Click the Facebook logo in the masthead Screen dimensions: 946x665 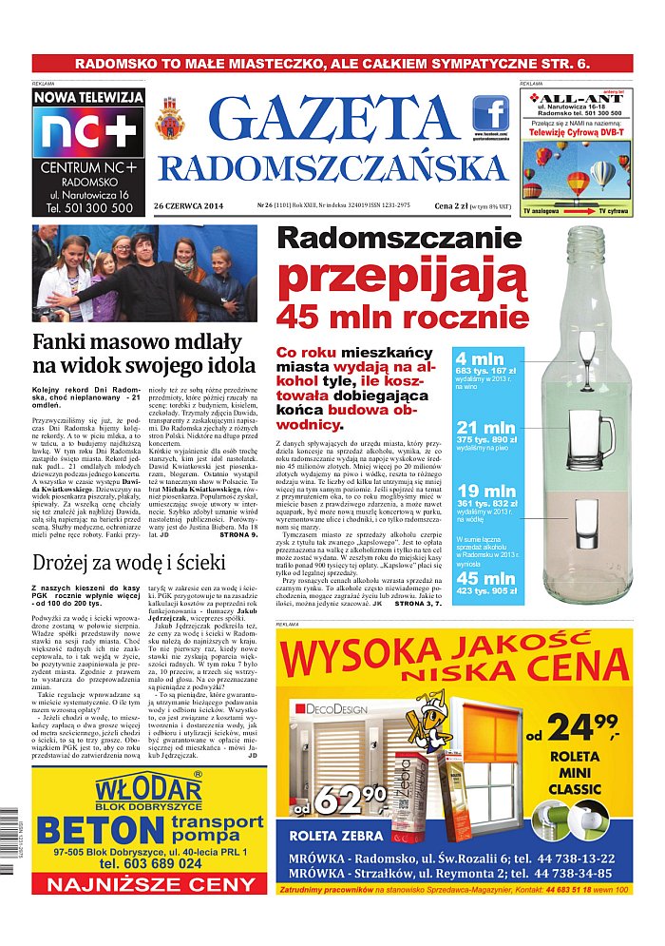tap(491, 114)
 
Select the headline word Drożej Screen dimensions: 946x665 tap(69, 562)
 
